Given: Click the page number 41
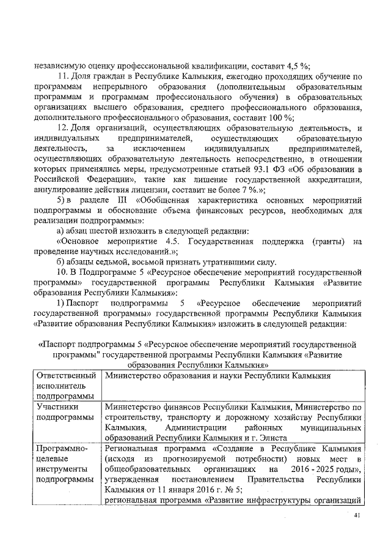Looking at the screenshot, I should pos(358,517).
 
